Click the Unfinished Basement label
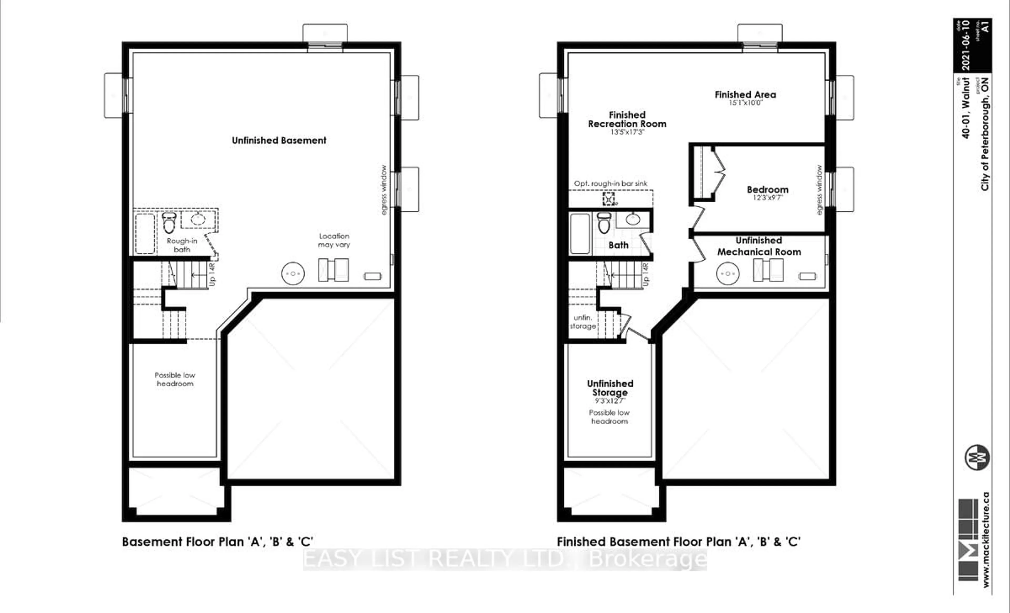pos(279,141)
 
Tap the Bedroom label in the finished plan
pos(767,190)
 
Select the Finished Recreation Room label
pos(627,119)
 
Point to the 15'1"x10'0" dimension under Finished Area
pos(745,103)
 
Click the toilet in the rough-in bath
pos(169,222)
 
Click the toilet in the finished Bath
pos(604,222)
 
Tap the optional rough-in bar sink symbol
pos(609,199)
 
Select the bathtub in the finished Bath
pos(580,233)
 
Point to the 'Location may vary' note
pos(334,240)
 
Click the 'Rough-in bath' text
pos(182,245)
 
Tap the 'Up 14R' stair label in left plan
pos(212,274)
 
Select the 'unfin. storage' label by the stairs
pos(583,322)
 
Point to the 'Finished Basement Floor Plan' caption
pos(678,542)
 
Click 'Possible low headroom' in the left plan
pos(175,379)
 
